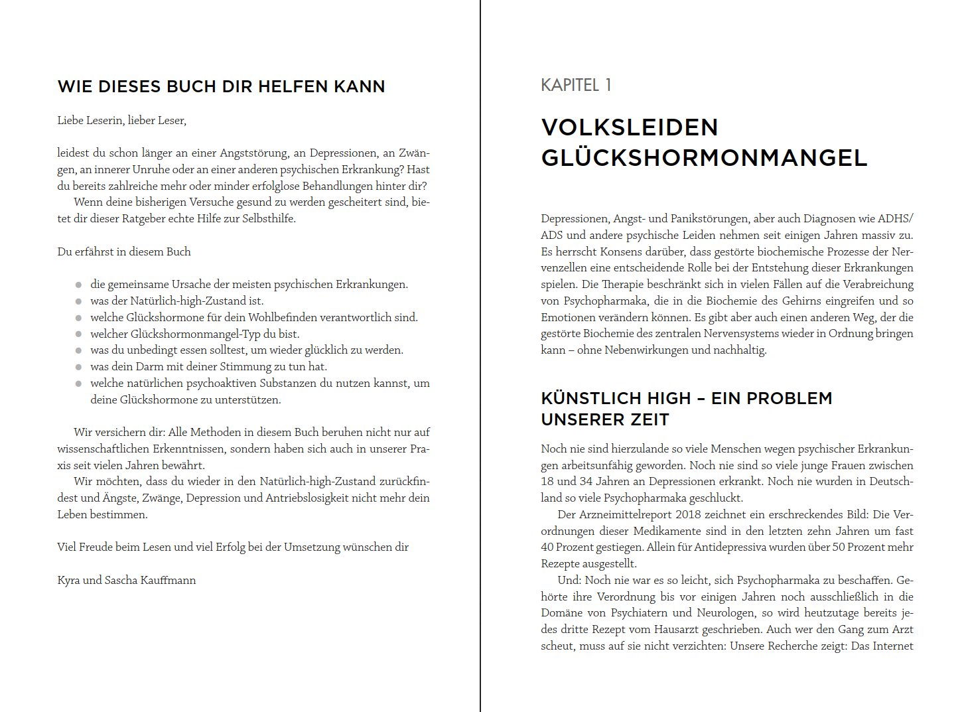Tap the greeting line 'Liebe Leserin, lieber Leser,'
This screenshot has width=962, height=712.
[121, 120]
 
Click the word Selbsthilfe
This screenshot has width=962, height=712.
[268, 218]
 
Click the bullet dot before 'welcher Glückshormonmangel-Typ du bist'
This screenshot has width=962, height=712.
[78, 334]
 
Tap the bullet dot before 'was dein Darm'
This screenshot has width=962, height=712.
[78, 367]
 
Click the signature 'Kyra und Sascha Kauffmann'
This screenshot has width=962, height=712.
[126, 580]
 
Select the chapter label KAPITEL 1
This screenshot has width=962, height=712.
[576, 85]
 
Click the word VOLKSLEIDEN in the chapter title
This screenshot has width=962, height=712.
[630, 127]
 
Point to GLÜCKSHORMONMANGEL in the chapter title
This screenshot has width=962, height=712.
[704, 158]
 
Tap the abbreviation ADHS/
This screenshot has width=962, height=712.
[895, 218]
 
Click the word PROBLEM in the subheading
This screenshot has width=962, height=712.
[789, 398]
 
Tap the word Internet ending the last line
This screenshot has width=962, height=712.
[892, 646]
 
